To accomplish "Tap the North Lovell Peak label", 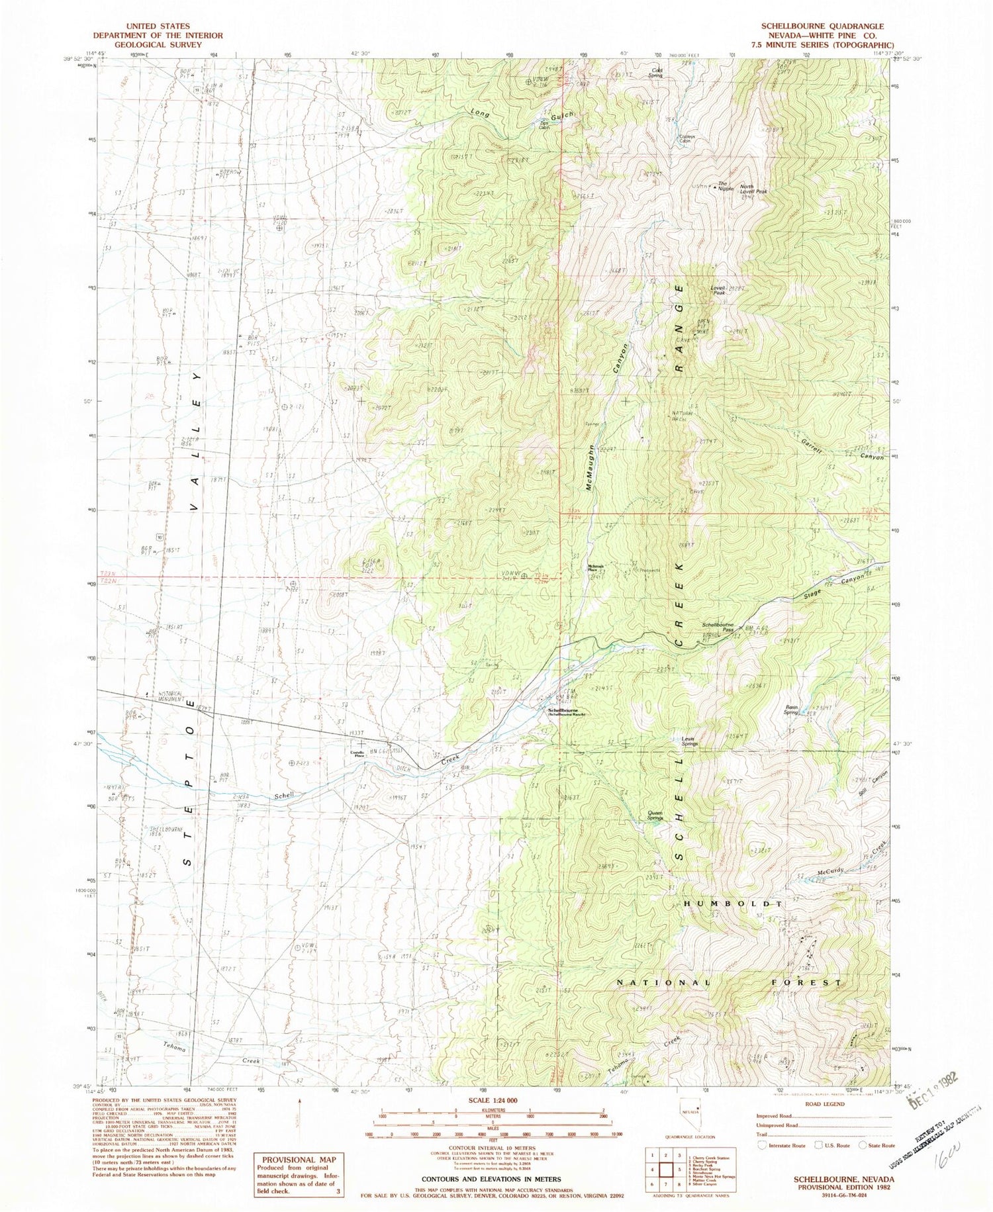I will click(753, 189).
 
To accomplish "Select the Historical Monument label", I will click(177, 694).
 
